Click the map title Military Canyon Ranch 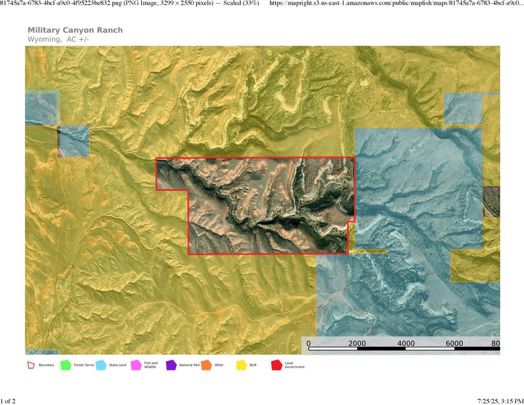point(75,30)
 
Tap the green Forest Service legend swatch point(65,364)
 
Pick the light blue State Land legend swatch point(101,364)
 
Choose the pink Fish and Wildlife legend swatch point(135,364)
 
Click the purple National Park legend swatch point(171,364)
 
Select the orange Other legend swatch point(206,364)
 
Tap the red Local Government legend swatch point(276,364)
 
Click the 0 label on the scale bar point(308,343)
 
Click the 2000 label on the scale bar point(357,343)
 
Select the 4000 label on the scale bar point(405,343)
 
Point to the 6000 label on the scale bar point(454,343)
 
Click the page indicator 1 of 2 point(8,401)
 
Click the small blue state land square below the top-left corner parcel point(73,141)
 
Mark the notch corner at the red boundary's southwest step point(188,190)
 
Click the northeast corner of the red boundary point(355,157)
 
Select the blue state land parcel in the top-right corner point(463,109)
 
